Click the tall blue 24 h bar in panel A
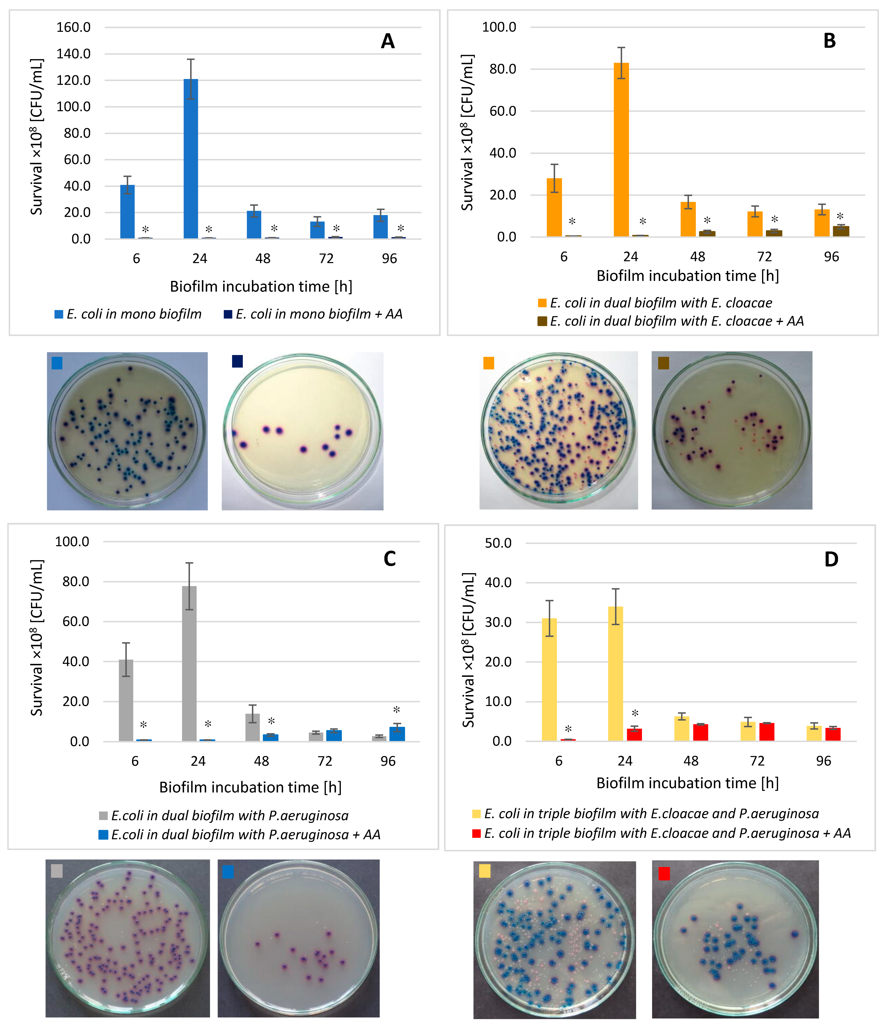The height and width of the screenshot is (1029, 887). (191, 159)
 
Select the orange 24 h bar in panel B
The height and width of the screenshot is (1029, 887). (621, 149)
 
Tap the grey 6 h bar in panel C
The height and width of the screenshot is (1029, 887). (126, 700)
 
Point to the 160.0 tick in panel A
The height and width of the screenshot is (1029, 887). (74, 27)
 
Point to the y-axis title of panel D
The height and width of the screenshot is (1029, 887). (468, 651)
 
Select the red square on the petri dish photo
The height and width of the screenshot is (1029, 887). (664, 873)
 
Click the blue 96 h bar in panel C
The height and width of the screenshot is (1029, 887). (397, 734)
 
